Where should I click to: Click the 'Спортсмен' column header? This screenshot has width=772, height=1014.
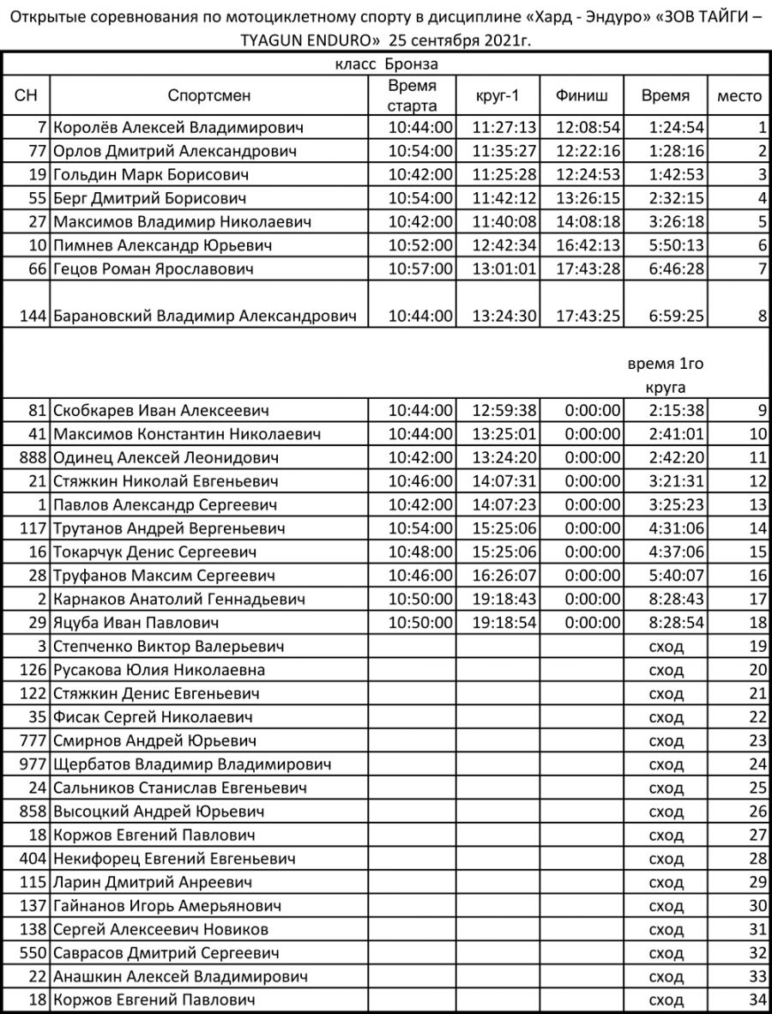[x=209, y=95]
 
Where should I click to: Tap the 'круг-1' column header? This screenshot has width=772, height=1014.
[x=497, y=95]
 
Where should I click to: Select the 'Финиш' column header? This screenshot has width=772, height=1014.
[x=582, y=95]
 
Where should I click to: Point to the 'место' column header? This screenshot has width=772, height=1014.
[x=739, y=95]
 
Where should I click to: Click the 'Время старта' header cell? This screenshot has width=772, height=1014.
[x=412, y=95]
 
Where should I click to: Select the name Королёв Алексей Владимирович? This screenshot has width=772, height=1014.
[x=179, y=128]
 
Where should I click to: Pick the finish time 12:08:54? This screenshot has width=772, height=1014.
[x=588, y=128]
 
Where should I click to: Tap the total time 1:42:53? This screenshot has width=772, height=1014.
[x=677, y=175]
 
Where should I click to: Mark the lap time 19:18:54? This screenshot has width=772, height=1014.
[x=504, y=623]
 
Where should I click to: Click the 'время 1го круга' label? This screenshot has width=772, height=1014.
[x=666, y=376]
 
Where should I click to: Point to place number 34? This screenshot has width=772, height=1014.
[x=757, y=1000]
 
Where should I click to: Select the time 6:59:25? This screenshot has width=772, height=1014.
[x=677, y=317]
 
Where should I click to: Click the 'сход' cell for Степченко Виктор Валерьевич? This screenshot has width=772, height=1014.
[x=666, y=646]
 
